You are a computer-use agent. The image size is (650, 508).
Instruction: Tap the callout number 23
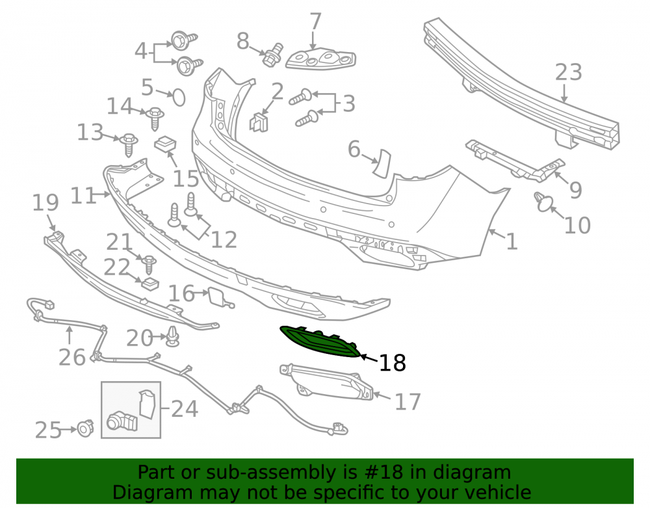click(x=568, y=72)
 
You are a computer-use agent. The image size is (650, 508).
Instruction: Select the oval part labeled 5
click(x=179, y=98)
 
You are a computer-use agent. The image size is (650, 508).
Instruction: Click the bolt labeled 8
click(x=273, y=54)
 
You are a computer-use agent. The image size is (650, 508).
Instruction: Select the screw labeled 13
click(x=129, y=145)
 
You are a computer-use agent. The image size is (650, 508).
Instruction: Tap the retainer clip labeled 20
click(x=172, y=336)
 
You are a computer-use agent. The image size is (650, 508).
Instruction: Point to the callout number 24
click(x=185, y=409)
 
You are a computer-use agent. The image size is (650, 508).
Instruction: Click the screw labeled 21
click(x=149, y=265)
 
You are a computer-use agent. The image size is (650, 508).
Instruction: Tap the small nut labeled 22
click(x=150, y=284)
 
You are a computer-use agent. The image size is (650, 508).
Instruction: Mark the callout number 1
click(x=512, y=241)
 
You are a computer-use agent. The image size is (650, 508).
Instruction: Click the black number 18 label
click(x=392, y=363)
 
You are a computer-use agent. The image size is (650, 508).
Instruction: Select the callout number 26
click(x=72, y=357)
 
